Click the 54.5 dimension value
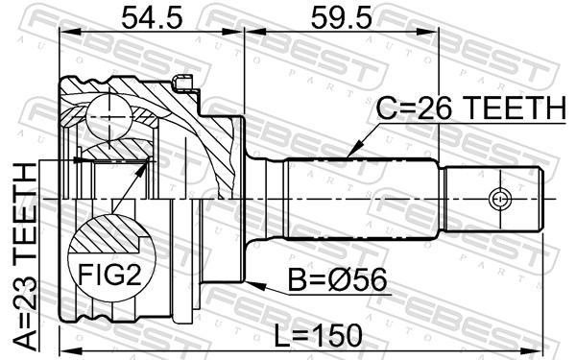tap(152, 18)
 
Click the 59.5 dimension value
tap(341, 18)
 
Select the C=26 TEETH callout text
tap(471, 108)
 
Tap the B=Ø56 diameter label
tap(337, 279)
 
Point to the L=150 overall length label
tap(319, 335)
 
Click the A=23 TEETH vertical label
tap(25, 256)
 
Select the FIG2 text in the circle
tap(109, 275)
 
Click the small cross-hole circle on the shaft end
tap(500, 199)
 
